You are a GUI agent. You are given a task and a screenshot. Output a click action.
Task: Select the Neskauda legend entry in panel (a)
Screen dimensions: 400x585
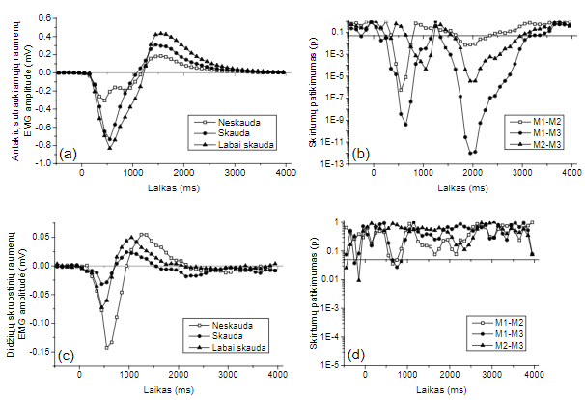pyautogui.click(x=229, y=121)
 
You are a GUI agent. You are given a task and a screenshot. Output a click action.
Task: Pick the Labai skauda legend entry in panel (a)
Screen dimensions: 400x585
pyautogui.click(x=235, y=144)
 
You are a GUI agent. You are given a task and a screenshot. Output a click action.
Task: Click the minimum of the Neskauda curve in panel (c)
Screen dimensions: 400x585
pyautogui.click(x=107, y=345)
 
